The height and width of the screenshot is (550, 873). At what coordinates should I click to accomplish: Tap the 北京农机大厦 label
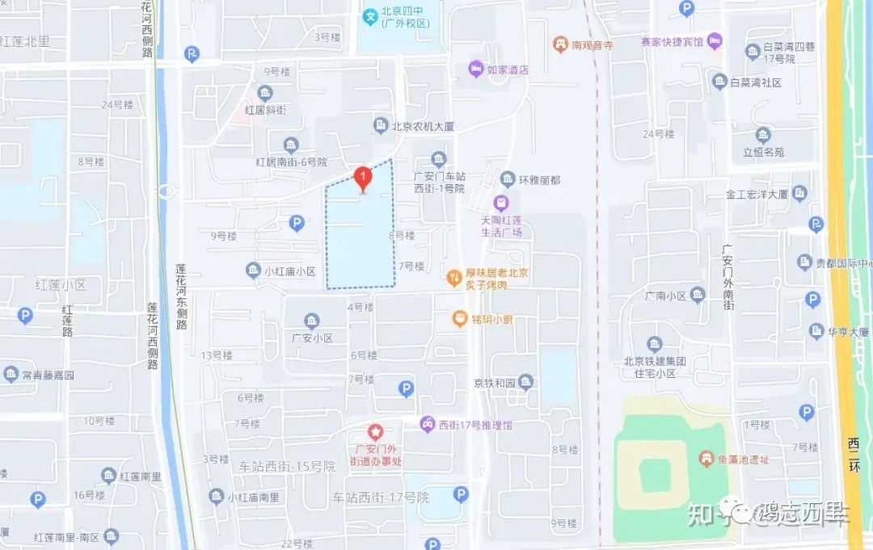(x=423, y=126)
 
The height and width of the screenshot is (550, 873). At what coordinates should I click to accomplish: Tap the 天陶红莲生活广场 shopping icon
(x=501, y=202)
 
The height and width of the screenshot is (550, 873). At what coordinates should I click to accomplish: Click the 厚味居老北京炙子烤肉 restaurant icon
(x=454, y=277)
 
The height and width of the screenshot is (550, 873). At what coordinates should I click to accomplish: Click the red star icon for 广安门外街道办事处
(x=374, y=433)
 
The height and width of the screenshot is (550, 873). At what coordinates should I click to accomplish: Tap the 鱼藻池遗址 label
(x=740, y=459)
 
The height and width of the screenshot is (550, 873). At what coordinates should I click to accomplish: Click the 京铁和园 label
(x=495, y=382)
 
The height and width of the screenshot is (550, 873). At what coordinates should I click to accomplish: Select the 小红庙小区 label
(x=289, y=271)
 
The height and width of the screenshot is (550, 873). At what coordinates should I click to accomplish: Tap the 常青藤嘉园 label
(x=48, y=375)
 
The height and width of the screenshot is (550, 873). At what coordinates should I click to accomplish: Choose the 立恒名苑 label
(x=763, y=152)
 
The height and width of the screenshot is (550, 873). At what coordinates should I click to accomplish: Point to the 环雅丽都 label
(x=539, y=178)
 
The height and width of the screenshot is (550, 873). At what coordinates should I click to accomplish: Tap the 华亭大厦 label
(x=847, y=331)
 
